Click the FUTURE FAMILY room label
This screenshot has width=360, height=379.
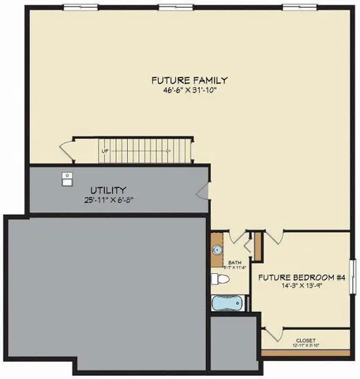tap(189, 80)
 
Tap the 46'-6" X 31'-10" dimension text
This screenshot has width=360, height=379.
tap(189, 90)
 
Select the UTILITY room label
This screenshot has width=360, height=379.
tap(108, 190)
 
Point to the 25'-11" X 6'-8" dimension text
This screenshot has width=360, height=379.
tap(108, 201)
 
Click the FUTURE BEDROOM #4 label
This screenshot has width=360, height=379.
tap(303, 277)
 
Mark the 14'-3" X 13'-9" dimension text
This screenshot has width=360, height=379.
tap(303, 287)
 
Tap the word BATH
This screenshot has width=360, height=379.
tap(234, 262)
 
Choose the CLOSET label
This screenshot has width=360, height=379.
tap(306, 340)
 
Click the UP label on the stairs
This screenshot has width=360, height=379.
tap(104, 150)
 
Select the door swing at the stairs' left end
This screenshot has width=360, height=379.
tap(66, 148)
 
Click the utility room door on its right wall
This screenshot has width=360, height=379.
tap(204, 190)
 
